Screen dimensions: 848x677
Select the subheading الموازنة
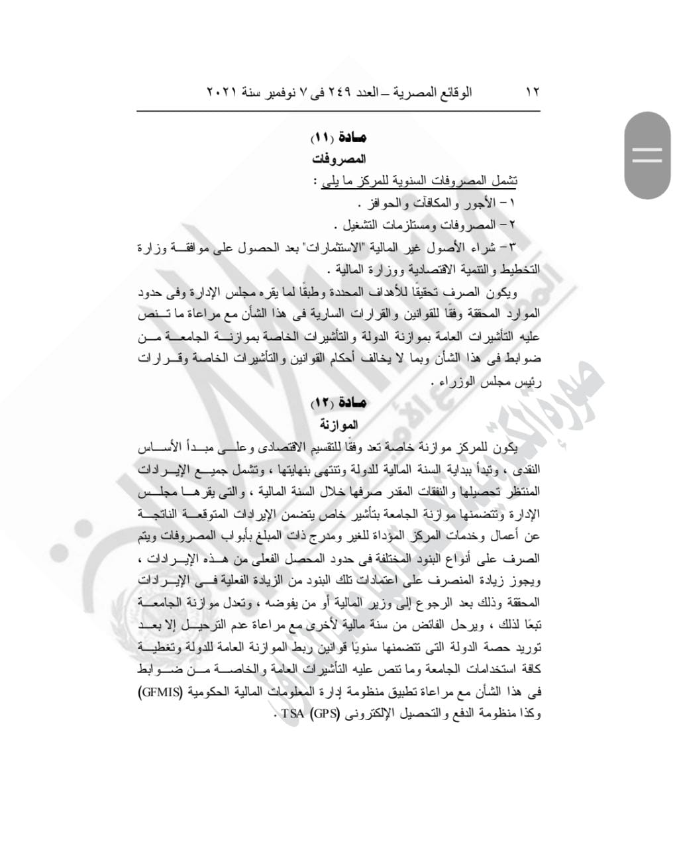coord(338,424)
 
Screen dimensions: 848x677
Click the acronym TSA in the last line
coord(294,715)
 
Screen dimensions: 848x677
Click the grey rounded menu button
coord(647,156)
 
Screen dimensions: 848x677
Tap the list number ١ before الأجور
coord(513,202)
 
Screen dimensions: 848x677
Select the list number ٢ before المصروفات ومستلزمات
coord(513,225)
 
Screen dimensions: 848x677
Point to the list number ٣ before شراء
coord(513,248)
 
